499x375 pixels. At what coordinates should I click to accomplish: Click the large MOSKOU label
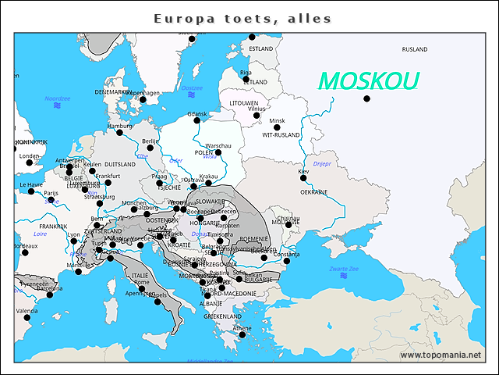coord(369,80)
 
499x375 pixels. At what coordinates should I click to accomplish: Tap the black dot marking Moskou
coord(366,98)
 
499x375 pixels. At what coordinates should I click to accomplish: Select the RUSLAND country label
coord(414,49)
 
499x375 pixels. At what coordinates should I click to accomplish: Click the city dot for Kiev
coord(304,178)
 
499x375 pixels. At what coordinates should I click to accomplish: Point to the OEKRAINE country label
coord(313,191)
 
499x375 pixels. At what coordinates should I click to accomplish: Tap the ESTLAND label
coord(260,48)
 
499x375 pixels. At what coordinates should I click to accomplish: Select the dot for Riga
coord(246,79)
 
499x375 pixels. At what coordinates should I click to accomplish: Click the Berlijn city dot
coord(150,148)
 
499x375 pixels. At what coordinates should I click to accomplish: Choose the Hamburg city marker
coord(119,132)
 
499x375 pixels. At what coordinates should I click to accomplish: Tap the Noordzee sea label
coord(57,98)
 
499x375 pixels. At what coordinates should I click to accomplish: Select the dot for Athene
coord(242,335)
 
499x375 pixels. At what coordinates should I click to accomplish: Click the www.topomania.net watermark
coord(441,355)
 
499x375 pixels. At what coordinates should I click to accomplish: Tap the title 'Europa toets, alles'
coord(242,18)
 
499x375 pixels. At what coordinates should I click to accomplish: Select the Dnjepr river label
coord(322,164)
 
